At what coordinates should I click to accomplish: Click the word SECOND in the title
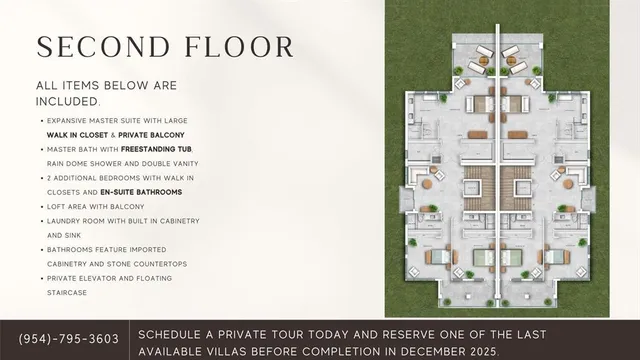[97, 47]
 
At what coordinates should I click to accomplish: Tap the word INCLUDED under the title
[67, 102]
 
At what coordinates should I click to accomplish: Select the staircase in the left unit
[478, 187]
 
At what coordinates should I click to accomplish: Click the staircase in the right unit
[519, 187]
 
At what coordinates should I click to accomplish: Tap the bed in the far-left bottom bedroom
[439, 256]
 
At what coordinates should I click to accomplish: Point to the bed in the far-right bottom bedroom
[558, 256]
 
